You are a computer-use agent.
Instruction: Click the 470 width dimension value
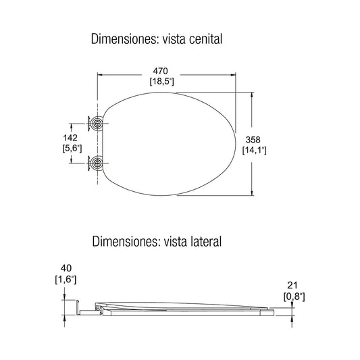(x=161, y=71)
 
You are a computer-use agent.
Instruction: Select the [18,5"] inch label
(x=161, y=81)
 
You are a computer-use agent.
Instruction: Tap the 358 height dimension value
(x=253, y=140)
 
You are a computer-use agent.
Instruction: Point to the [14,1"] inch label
(x=255, y=150)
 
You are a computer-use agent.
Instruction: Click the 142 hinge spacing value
(x=70, y=138)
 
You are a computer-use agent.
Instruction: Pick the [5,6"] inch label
(x=72, y=149)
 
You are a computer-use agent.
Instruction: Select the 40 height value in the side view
(x=66, y=268)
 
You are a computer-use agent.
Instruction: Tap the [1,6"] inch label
(x=66, y=280)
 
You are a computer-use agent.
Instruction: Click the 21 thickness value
(x=292, y=286)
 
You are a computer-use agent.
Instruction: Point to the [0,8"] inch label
(x=294, y=297)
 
